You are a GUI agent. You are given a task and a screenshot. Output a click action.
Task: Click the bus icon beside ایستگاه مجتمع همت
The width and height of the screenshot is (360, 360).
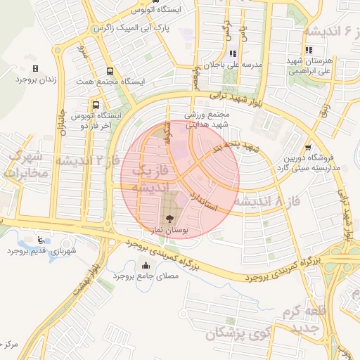[109, 71]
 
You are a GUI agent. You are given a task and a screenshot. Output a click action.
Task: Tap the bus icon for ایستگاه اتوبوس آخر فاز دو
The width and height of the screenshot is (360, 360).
[94, 105]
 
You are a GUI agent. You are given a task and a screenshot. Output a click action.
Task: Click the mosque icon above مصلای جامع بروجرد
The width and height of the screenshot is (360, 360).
[146, 266]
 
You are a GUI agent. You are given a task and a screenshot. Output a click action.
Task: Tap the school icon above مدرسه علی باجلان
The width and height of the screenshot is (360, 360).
[233, 53]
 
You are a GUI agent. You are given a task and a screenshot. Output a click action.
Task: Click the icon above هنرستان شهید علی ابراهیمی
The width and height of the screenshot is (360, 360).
[309, 50]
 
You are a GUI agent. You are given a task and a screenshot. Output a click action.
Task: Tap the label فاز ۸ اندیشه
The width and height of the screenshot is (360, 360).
[266, 202]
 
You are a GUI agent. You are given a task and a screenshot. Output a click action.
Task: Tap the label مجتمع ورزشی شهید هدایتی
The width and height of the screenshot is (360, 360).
[208, 119]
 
